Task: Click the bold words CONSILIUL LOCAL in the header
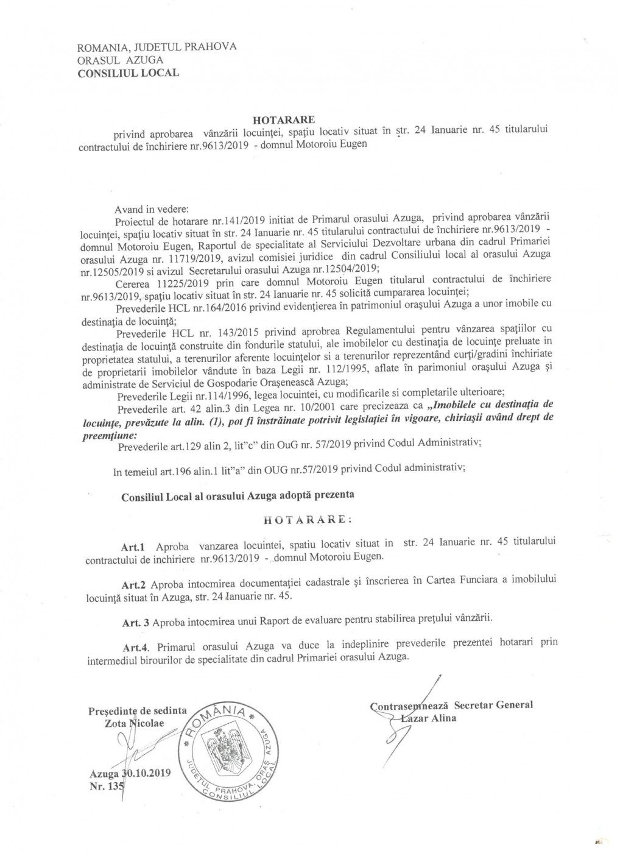coord(128,73)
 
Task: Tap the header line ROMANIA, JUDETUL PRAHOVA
coord(157,47)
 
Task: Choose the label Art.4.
coord(135,643)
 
